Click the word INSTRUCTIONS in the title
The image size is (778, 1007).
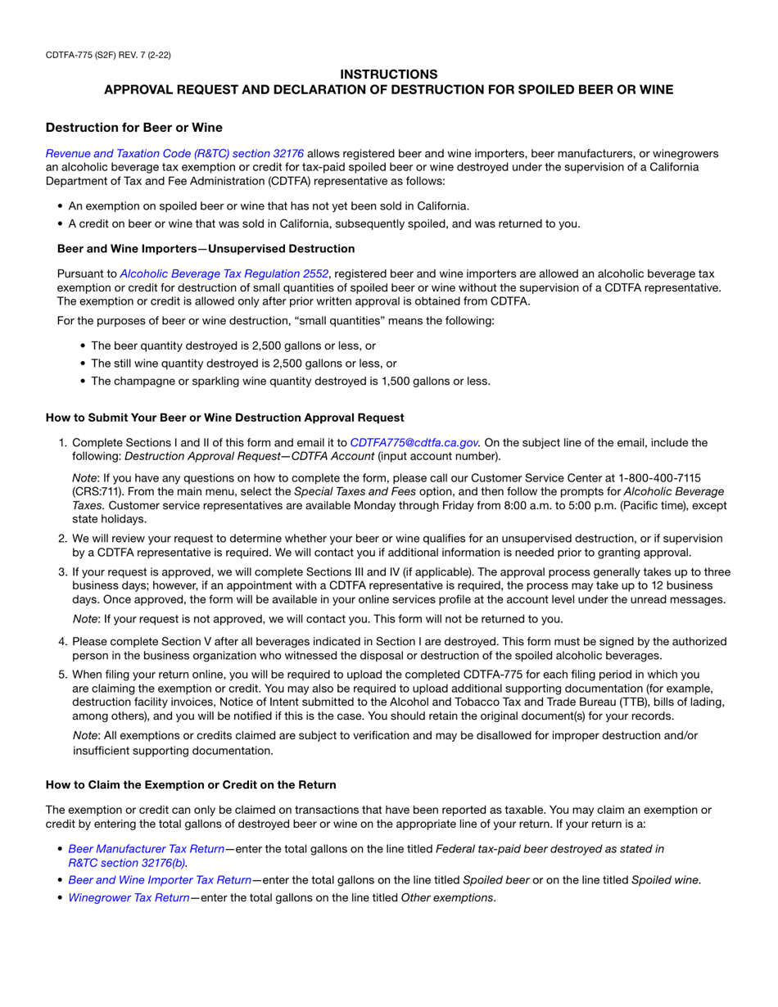tap(389, 74)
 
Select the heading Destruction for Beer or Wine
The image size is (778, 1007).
tap(133, 128)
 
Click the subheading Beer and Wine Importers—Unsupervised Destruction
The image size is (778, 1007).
tap(206, 248)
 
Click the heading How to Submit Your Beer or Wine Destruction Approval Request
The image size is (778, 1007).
tap(224, 418)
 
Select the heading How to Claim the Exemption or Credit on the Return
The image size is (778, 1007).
tap(191, 784)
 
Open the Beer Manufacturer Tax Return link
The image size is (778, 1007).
tap(146, 849)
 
